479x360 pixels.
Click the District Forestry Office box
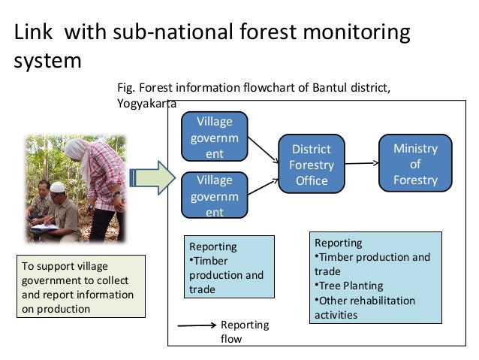(312, 165)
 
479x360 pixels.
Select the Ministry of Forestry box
(415, 164)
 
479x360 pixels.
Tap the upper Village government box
(215, 138)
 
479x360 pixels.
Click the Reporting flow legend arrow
(196, 327)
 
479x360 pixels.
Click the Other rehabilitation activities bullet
(366, 307)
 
